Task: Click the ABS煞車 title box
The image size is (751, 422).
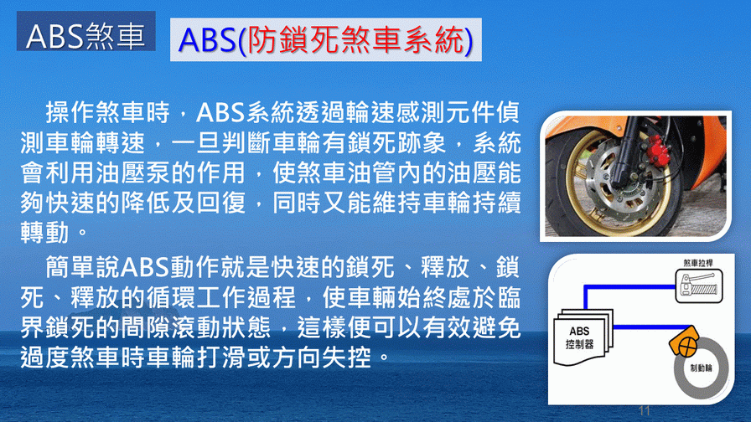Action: (x=86, y=31)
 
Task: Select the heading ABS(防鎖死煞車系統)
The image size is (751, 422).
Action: (x=326, y=39)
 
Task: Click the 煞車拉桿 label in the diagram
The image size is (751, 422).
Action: (x=698, y=263)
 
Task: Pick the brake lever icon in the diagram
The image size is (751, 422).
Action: (x=699, y=286)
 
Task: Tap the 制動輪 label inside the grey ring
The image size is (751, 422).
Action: (x=702, y=368)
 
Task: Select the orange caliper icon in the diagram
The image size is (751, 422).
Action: (x=684, y=341)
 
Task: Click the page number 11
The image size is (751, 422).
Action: (x=645, y=410)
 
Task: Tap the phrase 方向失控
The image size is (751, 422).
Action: (x=321, y=357)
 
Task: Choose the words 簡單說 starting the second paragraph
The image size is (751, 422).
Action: (x=83, y=266)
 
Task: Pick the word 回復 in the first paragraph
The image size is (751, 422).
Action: (x=221, y=203)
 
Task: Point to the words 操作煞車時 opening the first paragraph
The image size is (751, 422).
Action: (x=108, y=113)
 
